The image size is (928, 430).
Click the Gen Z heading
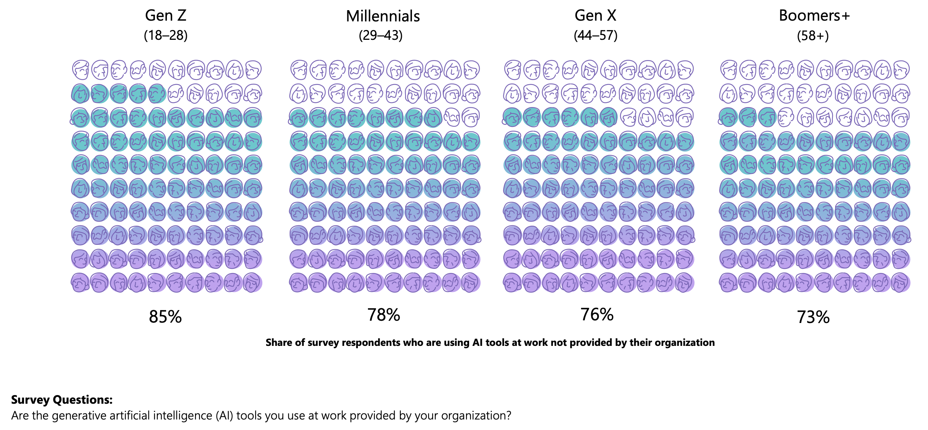(165, 16)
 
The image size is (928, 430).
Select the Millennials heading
(383, 17)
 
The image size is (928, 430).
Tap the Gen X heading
(595, 16)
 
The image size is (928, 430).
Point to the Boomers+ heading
(814, 16)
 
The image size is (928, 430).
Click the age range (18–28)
(165, 36)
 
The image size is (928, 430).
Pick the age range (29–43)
(380, 36)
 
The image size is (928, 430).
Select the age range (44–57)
(595, 36)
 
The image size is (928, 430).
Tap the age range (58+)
(813, 36)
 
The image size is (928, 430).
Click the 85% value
(165, 317)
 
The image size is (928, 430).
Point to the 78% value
(383, 315)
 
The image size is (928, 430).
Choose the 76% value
(597, 314)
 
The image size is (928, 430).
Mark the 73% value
(813, 317)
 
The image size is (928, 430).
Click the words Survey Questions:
(62, 400)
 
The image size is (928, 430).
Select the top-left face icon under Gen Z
(80, 70)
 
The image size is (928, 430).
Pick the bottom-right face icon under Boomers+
(901, 283)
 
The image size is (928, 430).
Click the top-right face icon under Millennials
(471, 70)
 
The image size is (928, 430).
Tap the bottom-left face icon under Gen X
(512, 283)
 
